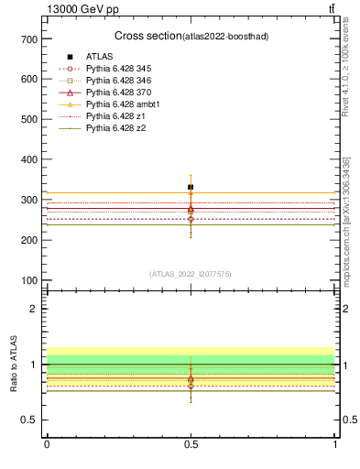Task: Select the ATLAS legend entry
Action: click(99, 57)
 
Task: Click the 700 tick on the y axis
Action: click(29, 39)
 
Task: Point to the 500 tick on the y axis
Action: click(29, 119)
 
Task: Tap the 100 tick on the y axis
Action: click(29, 280)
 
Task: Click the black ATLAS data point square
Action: click(191, 187)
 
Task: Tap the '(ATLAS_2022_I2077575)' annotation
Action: click(191, 273)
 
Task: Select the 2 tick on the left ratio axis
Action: click(34, 309)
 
